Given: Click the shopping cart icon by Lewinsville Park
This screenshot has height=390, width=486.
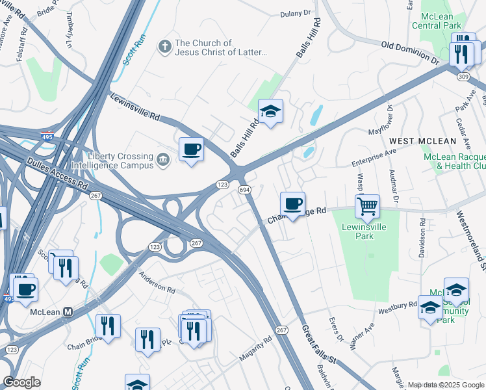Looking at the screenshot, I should (x=367, y=207).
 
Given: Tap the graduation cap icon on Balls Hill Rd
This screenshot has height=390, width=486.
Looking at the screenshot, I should (x=271, y=112).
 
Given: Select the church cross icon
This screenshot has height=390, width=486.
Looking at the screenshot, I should (x=165, y=47).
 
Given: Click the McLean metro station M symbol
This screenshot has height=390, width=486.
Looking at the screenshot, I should (x=68, y=312).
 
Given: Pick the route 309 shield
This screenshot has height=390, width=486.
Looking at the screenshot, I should (x=463, y=77).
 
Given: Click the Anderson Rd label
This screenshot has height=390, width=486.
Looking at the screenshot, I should (x=157, y=281).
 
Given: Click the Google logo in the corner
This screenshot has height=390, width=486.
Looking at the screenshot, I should (x=21, y=382).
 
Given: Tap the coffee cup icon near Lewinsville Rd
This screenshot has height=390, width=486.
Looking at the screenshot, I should (x=191, y=149).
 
